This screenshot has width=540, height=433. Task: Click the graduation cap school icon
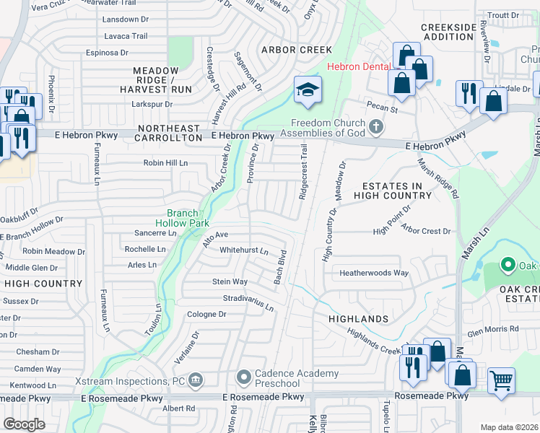click(x=308, y=90)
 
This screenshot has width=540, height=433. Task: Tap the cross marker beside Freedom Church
click(x=375, y=127)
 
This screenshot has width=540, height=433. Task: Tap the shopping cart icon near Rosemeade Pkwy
click(x=501, y=379)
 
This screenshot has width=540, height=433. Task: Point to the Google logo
click(x=24, y=424)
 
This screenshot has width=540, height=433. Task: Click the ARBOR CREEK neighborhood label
click(x=297, y=50)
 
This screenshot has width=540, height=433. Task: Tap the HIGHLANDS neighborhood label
click(x=359, y=318)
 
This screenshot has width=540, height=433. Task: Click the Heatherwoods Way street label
click(x=375, y=274)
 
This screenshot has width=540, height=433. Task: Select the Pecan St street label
click(x=382, y=109)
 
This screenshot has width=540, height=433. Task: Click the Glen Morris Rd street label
click(x=493, y=328)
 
